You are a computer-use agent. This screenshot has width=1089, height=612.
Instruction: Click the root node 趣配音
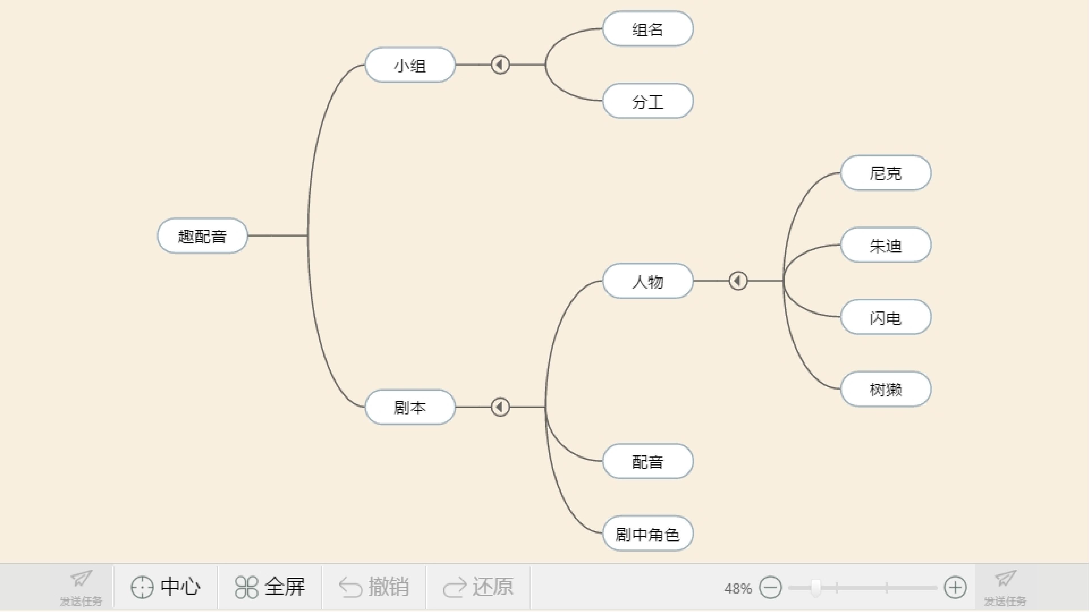[x=202, y=236]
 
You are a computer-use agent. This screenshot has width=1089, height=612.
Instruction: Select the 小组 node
[x=410, y=65]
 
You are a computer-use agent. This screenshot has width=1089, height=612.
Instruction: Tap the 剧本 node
[x=410, y=407]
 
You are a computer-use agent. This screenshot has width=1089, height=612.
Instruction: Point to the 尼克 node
[x=886, y=173]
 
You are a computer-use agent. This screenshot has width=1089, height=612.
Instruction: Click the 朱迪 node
[x=886, y=245]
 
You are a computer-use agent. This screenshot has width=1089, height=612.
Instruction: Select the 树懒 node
[x=886, y=389]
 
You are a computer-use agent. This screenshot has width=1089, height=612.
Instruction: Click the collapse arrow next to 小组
[x=500, y=65]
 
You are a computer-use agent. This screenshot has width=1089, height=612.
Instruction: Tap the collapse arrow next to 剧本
[x=500, y=407]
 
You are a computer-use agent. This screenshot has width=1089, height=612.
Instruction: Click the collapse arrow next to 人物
[x=738, y=281]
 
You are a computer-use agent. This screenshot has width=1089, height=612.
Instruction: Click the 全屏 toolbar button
[x=270, y=587]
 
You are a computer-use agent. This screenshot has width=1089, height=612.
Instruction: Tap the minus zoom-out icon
[x=770, y=588]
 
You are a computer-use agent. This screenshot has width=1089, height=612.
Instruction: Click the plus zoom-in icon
[x=955, y=588]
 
